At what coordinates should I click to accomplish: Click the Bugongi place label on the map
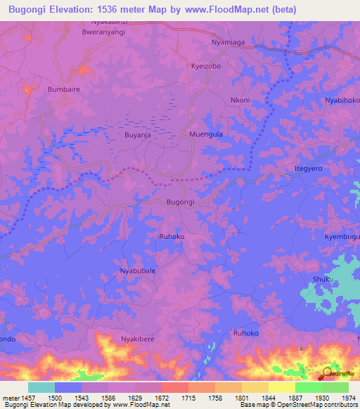pyautogui.click(x=179, y=202)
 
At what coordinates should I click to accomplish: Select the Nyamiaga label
pyautogui.click(x=229, y=43)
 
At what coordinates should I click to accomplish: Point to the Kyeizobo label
pyautogui.click(x=206, y=65)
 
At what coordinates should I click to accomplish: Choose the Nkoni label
pyautogui.click(x=240, y=100)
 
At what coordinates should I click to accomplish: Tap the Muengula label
pyautogui.click(x=206, y=134)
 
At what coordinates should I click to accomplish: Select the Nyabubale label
pyautogui.click(x=138, y=271)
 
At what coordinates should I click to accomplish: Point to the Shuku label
pyautogui.click(x=322, y=279)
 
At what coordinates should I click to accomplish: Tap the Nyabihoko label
pyautogui.click(x=342, y=100)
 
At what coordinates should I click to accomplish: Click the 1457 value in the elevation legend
pyautogui.click(x=28, y=398)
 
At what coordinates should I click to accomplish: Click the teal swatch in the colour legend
pyautogui.click(x=41, y=387)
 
